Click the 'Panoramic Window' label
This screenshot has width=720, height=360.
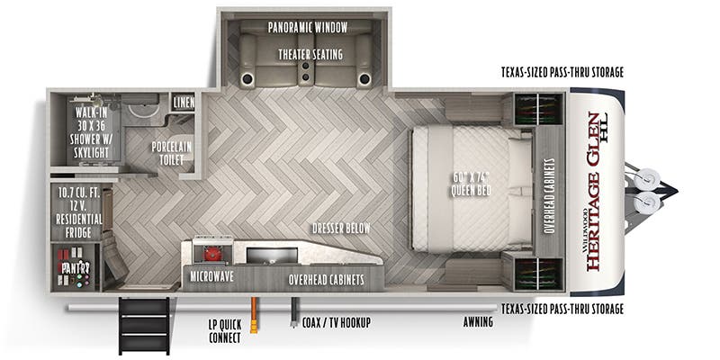coord(308,28)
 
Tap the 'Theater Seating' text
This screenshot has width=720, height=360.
coord(310,54)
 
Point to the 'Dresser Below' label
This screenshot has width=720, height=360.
coord(340,229)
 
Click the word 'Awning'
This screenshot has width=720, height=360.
coord(478,321)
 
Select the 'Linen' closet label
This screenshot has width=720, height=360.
coord(183,102)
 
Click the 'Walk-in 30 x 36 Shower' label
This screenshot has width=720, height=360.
coord(92,133)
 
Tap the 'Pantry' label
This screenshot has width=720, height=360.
coord(76,268)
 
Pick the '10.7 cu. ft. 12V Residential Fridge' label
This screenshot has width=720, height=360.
coord(78,211)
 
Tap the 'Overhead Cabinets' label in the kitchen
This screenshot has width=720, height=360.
coord(326,280)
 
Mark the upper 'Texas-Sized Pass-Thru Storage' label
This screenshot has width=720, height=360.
coord(562,71)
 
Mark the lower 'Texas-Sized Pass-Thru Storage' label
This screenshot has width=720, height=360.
coord(562,309)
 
